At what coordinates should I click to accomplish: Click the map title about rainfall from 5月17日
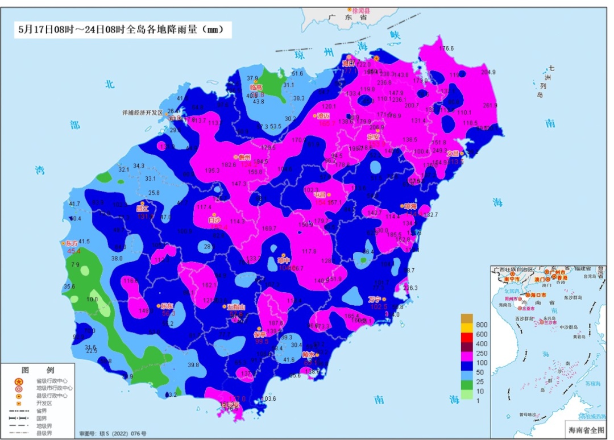pyautogui.click(x=122, y=29)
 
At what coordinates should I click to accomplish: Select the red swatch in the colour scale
pyautogui.click(x=467, y=335)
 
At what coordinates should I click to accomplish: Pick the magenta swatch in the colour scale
pyautogui.click(x=467, y=354)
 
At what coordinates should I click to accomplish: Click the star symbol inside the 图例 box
pyautogui.click(x=19, y=381)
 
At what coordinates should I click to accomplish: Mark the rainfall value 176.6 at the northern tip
pyautogui.click(x=446, y=48)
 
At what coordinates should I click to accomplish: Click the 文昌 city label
pyautogui.click(x=453, y=153)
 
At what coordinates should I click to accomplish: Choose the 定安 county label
pyautogui.click(x=374, y=136)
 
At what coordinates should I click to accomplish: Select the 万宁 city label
pyautogui.click(x=374, y=298)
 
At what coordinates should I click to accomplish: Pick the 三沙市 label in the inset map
pyautogui.click(x=550, y=322)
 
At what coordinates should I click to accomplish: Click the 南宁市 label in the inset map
pyautogui.click(x=514, y=279)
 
